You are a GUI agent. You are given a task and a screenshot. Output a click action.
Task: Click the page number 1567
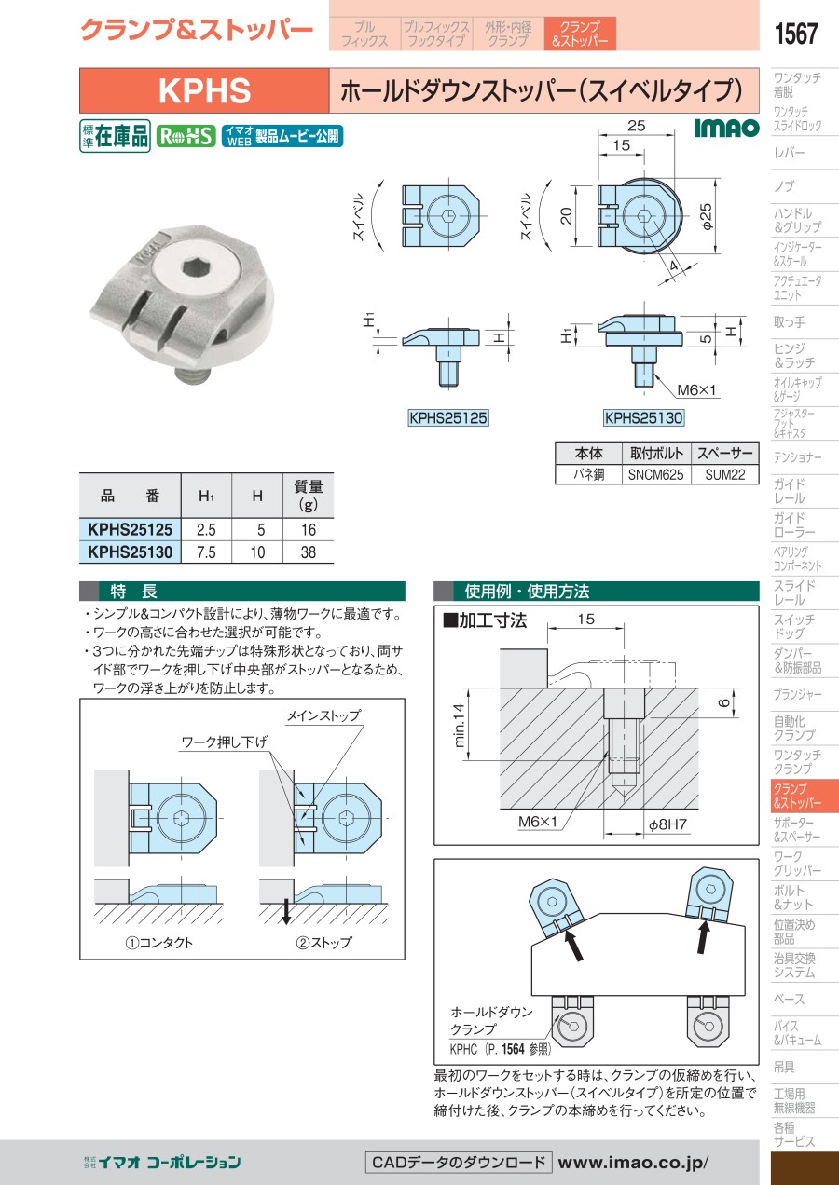pos(796,34)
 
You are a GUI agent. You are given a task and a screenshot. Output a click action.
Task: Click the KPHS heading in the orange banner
pos(204,90)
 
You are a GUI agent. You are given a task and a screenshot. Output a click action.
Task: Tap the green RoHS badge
pos(186,137)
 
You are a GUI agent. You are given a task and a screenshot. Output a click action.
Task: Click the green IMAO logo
pos(726,128)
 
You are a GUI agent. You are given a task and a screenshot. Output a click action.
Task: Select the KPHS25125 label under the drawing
pos(448,418)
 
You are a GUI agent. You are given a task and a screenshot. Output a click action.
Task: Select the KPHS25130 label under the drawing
pos(643,418)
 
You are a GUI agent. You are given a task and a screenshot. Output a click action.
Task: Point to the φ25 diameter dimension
pos(707,216)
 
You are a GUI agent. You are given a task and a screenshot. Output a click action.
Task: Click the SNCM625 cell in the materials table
pos(656,474)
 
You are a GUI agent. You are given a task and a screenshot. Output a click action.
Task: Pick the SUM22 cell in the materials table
pos(724,474)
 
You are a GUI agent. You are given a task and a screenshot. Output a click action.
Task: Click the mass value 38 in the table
pos(308,552)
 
